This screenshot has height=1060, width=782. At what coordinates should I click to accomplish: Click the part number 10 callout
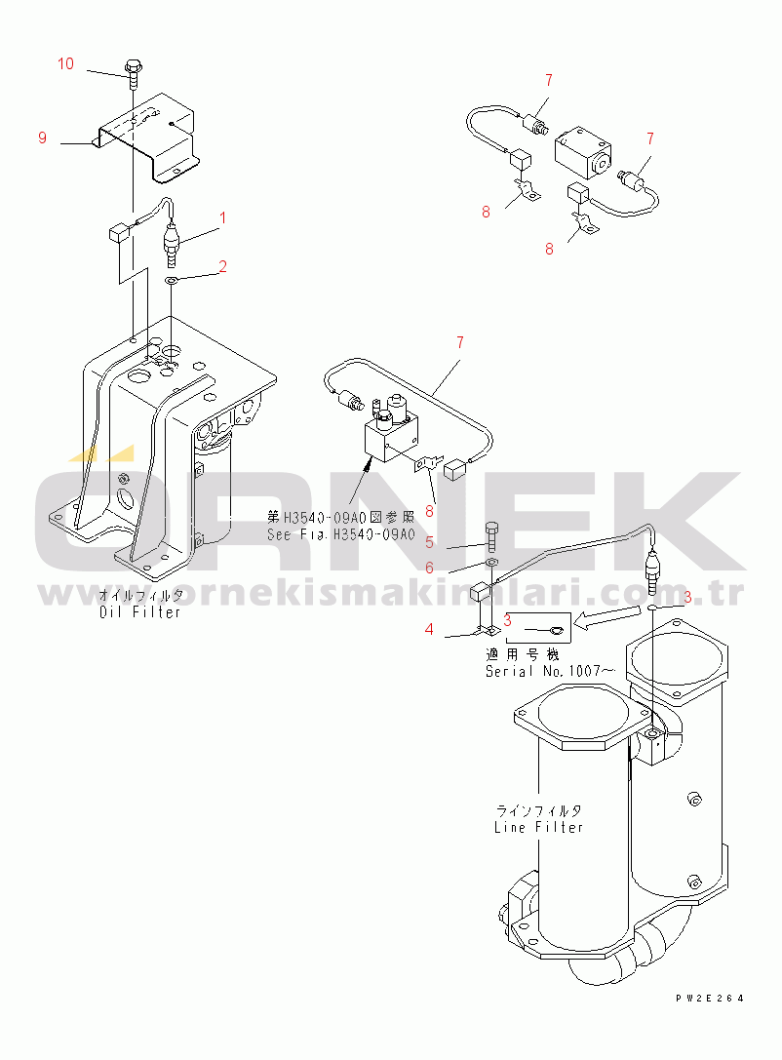tap(65, 64)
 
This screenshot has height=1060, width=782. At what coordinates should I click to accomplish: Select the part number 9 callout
tap(42, 138)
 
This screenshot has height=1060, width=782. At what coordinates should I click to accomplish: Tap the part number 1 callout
tap(222, 217)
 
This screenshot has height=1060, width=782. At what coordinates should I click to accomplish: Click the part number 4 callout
tap(429, 630)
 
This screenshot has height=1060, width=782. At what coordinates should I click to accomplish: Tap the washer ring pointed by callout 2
tap(172, 281)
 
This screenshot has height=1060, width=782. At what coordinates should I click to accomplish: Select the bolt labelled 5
tap(491, 535)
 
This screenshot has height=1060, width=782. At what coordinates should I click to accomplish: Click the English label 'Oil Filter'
tap(140, 612)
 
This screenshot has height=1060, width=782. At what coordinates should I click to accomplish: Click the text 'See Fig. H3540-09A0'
tap(341, 535)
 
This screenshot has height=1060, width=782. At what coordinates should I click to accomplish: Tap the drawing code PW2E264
tap(709, 998)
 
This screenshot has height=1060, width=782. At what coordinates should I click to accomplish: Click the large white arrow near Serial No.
tap(599, 617)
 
